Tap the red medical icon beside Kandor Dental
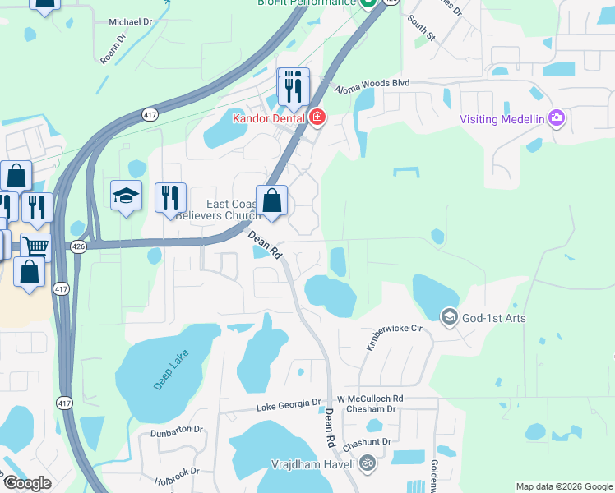[x=317, y=118]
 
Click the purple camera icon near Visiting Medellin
[x=557, y=118]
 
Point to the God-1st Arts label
[x=493, y=318]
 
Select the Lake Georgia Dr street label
[x=288, y=405]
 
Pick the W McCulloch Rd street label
[x=370, y=399]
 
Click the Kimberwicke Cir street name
[x=394, y=339]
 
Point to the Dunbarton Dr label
[x=176, y=430]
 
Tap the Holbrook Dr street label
[x=177, y=472]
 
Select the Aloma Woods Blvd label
[x=370, y=85]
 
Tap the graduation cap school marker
[x=126, y=196]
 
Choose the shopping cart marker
[x=35, y=246]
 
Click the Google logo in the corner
[x=27, y=483]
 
